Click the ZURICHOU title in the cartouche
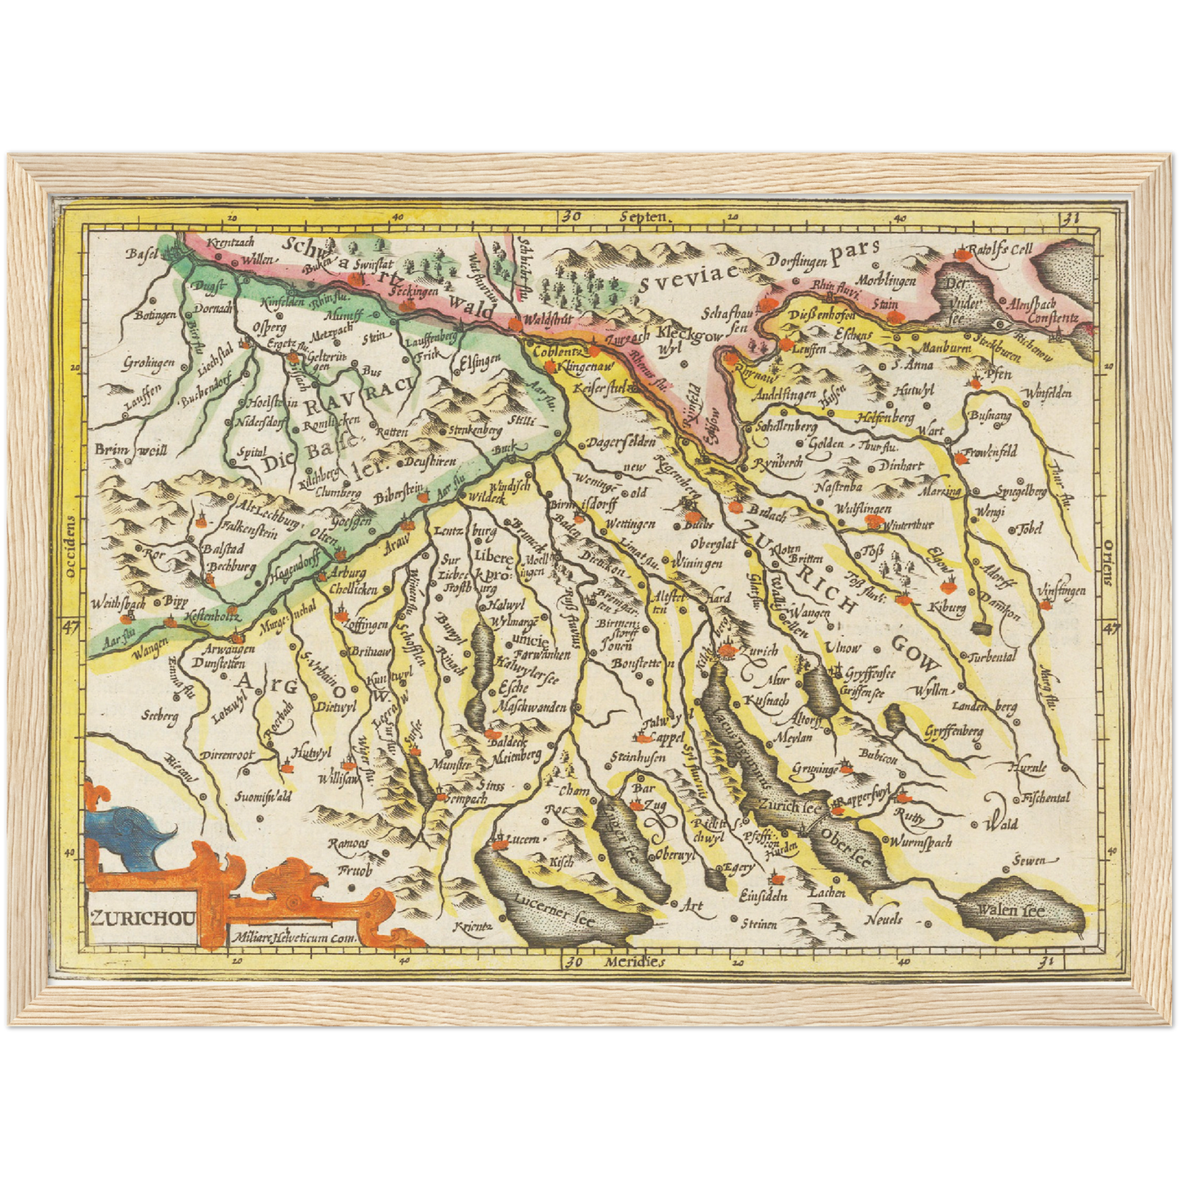tap(142, 916)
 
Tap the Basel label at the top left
tap(141, 254)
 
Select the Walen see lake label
tap(1012, 911)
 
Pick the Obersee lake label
tap(845, 848)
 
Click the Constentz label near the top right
tap(1053, 318)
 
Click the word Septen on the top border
tap(644, 218)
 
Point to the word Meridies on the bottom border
tap(635, 962)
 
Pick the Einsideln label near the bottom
tap(763, 896)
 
